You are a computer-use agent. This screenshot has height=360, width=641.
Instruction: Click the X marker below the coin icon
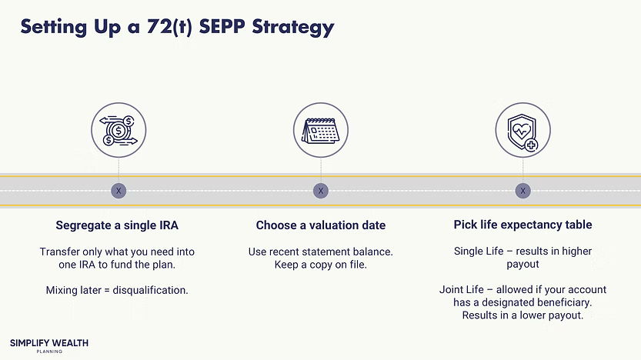118,191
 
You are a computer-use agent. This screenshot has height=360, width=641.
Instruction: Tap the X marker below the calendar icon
321,191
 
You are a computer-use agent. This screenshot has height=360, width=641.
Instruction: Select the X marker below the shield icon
522,191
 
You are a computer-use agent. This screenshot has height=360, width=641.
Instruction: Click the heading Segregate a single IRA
117,225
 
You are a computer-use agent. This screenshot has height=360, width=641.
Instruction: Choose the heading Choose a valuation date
321,225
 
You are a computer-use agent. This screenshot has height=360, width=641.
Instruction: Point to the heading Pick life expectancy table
522,225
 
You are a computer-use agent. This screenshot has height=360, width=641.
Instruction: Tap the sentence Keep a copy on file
321,265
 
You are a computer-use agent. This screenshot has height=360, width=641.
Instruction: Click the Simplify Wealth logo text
48,342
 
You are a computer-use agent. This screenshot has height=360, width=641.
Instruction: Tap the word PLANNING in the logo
48,352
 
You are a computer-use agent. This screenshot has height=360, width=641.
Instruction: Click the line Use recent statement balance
321,252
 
